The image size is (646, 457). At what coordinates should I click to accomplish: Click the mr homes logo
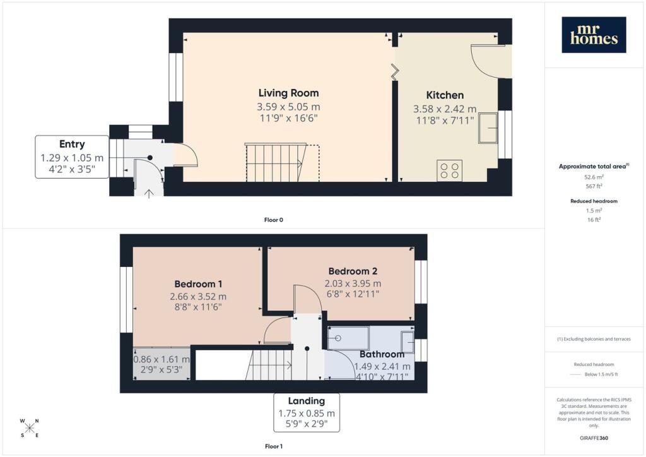point(594,35)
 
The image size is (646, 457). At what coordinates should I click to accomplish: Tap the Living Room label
point(288,93)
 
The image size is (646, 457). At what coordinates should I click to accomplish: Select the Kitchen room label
point(445,95)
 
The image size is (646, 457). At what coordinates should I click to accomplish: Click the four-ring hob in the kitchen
point(449,170)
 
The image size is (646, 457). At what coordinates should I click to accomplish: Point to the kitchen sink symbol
point(488,128)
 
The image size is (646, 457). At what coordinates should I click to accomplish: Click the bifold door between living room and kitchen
point(395,71)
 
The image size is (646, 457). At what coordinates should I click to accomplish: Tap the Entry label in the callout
point(72,144)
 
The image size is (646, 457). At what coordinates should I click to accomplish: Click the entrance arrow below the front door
point(149,193)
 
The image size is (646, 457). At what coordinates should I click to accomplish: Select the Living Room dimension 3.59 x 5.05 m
point(288,107)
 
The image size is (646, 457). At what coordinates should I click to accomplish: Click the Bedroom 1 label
point(198,284)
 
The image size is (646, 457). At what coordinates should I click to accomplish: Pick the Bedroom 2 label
point(353,271)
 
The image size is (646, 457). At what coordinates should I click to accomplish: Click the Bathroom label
point(382,354)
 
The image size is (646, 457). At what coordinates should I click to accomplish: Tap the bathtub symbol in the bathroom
point(348,338)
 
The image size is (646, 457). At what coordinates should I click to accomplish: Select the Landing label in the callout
point(306,401)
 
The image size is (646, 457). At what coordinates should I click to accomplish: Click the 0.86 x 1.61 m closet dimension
point(161,360)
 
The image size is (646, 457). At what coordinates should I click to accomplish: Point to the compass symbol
point(29,428)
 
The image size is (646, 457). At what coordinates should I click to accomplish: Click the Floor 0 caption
point(274,220)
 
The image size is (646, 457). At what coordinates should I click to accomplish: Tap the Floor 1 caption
point(274,446)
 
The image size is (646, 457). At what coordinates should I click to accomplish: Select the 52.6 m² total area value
point(594,177)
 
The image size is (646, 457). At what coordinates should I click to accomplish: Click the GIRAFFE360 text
point(594,438)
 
